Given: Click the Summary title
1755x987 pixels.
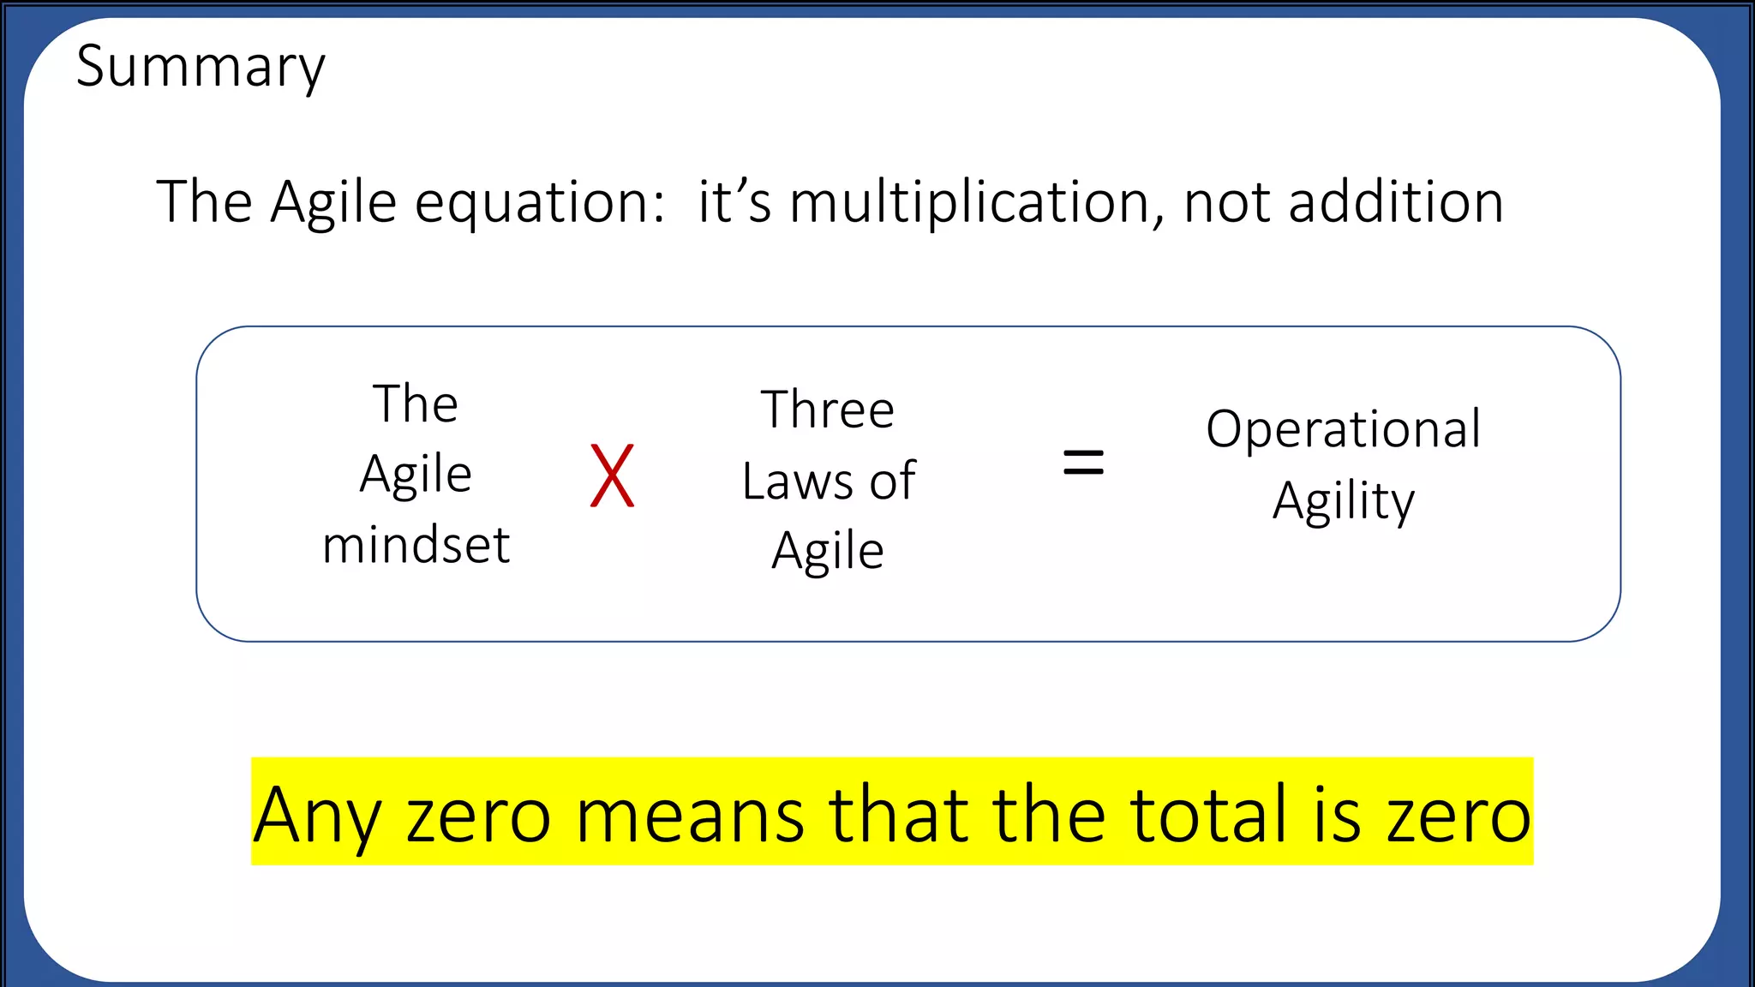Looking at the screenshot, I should (x=201, y=68).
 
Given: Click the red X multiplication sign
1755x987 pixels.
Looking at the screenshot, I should (x=613, y=476).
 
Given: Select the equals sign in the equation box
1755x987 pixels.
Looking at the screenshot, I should (x=1083, y=463).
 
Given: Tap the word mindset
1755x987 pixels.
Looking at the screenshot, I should (x=416, y=545).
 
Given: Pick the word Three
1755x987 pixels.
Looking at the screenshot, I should (x=828, y=410).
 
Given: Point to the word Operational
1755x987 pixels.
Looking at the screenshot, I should (x=1343, y=428).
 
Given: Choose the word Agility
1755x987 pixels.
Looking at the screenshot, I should (x=1343, y=501).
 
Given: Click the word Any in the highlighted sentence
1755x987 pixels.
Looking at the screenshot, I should (x=316, y=816).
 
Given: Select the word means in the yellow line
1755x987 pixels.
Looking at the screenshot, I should (x=690, y=816).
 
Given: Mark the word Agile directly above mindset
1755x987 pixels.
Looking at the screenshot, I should (x=416, y=475).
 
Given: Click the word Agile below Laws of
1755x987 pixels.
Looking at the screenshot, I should (x=828, y=551).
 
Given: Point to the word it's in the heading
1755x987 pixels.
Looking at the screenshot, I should (x=734, y=203).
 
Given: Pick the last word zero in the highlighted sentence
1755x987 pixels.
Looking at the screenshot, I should (x=1459, y=816).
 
